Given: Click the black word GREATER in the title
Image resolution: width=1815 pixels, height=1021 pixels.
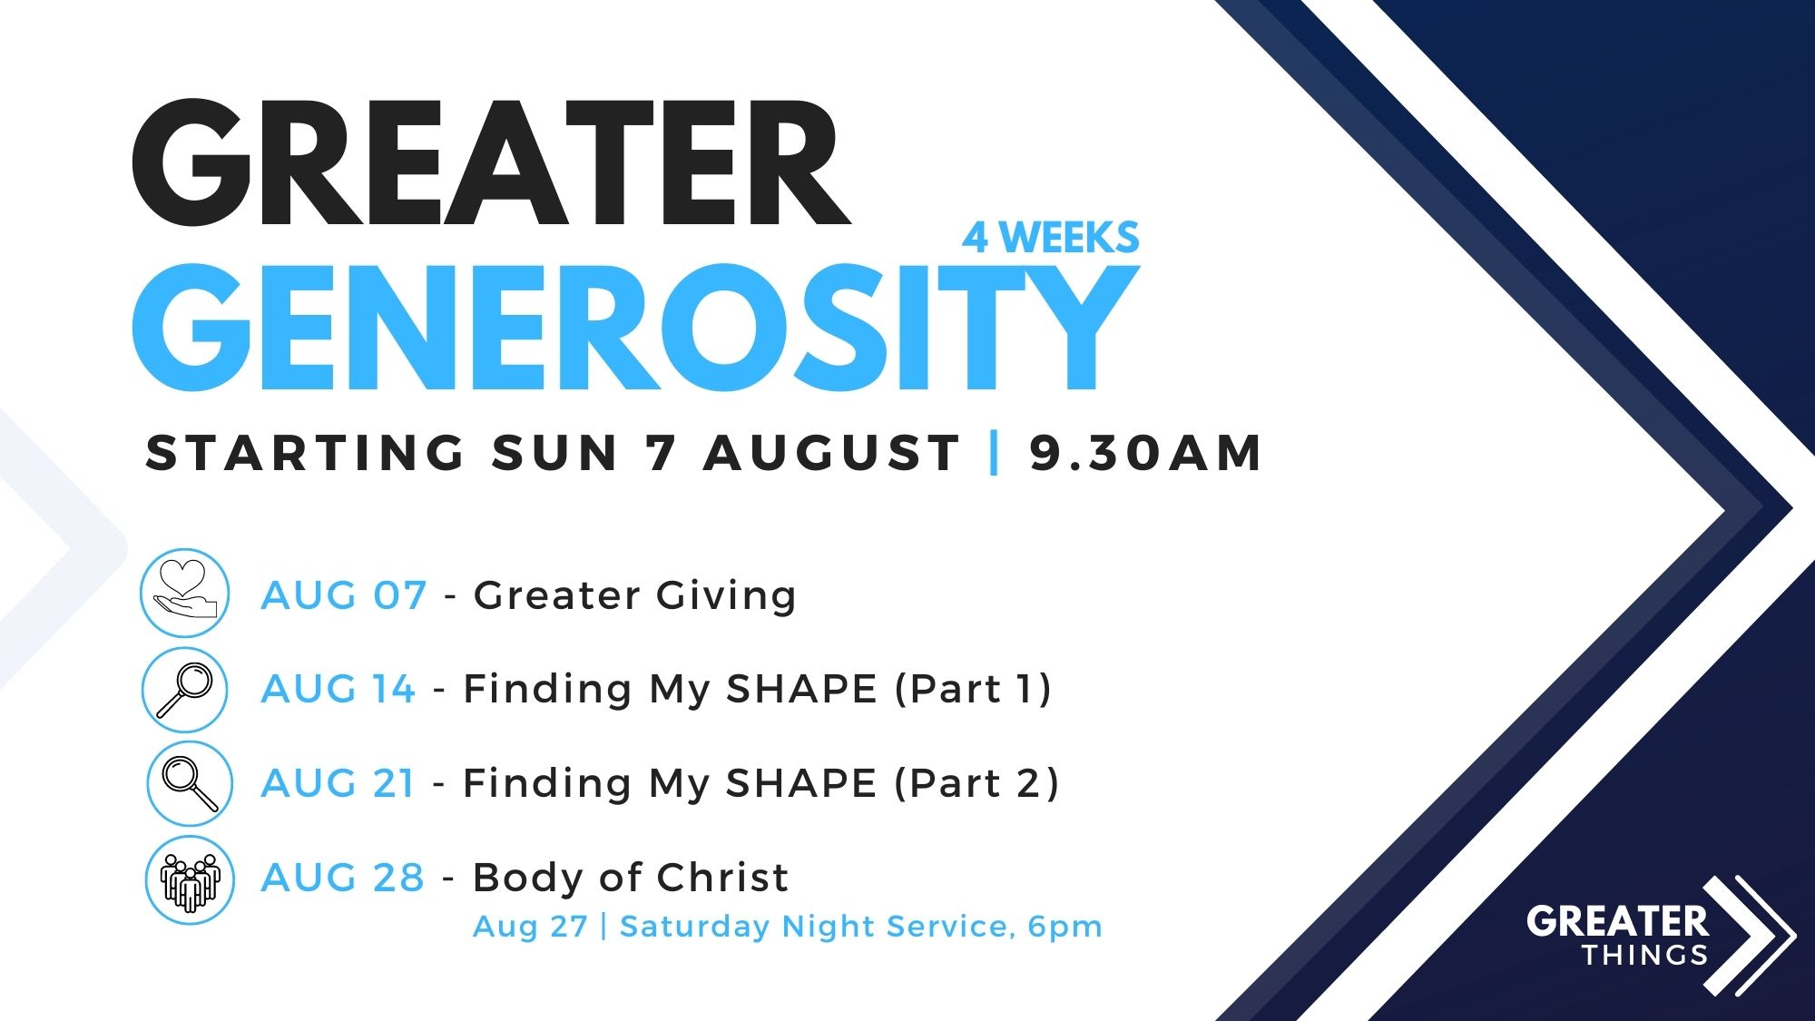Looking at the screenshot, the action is [491, 163].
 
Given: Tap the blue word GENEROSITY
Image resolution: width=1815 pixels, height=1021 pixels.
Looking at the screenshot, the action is [635, 328].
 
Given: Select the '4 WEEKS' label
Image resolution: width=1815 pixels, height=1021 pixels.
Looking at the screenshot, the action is [1051, 238].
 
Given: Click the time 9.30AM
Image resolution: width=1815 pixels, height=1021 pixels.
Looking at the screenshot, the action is [1145, 453].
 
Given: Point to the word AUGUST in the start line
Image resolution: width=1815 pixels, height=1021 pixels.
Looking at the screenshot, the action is [831, 453].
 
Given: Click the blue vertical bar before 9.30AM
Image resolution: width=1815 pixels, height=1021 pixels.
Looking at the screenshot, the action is [995, 453].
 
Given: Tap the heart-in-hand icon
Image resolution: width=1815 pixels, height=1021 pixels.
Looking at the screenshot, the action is [185, 593].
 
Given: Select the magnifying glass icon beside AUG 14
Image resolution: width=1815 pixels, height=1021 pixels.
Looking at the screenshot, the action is [184, 690].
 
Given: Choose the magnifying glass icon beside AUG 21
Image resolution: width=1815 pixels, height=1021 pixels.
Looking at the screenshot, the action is [190, 783].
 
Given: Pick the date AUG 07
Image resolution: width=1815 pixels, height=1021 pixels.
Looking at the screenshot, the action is [344, 596].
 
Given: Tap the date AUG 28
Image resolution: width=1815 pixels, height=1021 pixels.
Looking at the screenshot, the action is [343, 878].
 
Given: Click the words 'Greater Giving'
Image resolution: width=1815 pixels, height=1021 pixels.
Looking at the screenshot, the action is [635, 596].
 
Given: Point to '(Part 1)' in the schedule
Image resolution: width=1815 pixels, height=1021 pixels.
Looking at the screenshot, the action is [973, 689].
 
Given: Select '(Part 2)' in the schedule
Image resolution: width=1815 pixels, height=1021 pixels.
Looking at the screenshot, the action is [976, 783].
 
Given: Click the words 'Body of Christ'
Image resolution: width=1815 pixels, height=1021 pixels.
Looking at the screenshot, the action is [631, 878].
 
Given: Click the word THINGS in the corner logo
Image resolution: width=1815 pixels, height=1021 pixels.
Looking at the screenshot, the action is [1645, 955].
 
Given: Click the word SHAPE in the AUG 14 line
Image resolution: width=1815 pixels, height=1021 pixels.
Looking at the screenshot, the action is [801, 689].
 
